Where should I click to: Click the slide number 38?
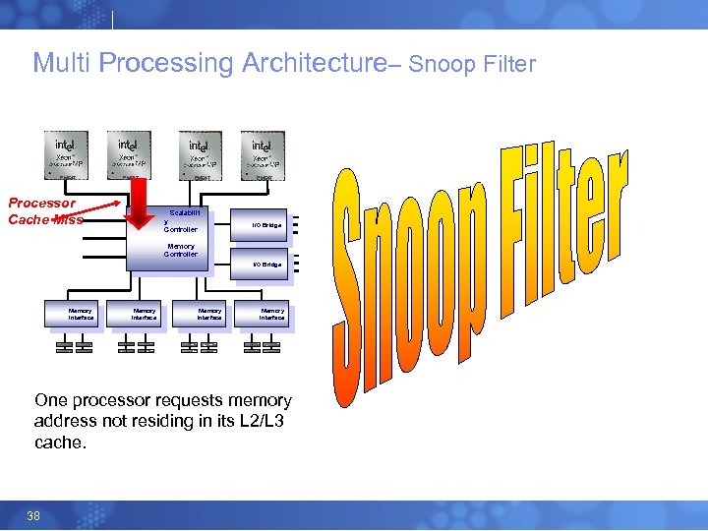tap(33, 516)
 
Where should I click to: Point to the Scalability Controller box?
tap(183, 221)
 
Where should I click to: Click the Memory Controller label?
tap(181, 251)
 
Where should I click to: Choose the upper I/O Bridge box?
tap(265, 226)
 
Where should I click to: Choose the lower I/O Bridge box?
tap(265, 265)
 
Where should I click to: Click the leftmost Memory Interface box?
tap(81, 315)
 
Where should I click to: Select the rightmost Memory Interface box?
tap(271, 315)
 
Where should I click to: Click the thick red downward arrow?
tap(140, 205)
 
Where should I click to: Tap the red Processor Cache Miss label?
tap(42, 211)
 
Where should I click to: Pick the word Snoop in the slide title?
tap(441, 66)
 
